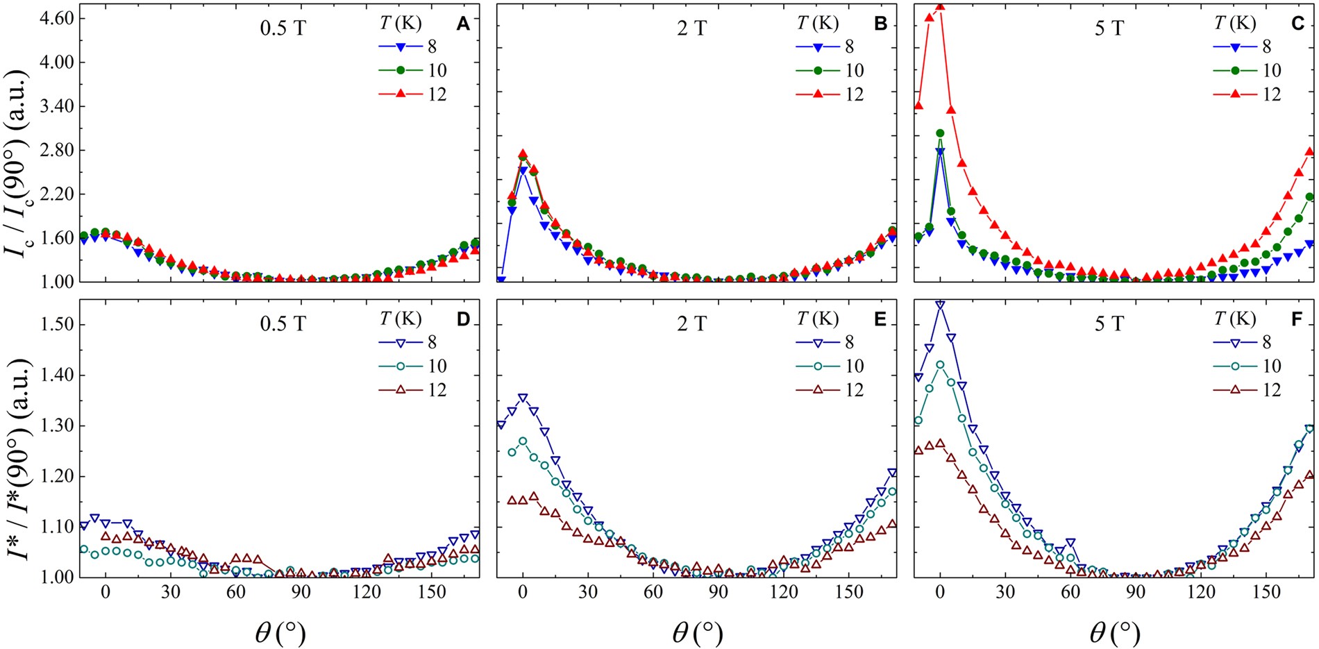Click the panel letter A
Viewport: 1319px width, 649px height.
click(x=462, y=24)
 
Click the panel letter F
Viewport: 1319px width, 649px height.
click(x=1297, y=319)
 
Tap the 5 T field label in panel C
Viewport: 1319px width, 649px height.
click(x=1109, y=28)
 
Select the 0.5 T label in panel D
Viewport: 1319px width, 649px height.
click(x=283, y=323)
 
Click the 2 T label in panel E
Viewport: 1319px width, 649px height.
click(x=692, y=323)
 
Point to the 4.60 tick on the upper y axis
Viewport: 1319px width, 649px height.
click(x=54, y=19)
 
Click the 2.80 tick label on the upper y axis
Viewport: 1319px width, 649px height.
click(x=54, y=150)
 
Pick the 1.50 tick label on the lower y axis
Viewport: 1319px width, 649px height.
click(x=54, y=325)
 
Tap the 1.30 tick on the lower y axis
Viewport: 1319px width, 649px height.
click(x=54, y=426)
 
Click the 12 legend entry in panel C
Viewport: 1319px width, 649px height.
click(x=1271, y=94)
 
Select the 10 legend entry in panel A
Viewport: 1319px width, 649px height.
click(x=437, y=71)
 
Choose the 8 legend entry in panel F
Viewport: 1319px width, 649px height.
click(x=1266, y=342)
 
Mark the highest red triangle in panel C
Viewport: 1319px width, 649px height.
click(x=940, y=6)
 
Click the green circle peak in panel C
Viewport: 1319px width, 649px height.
click(x=940, y=133)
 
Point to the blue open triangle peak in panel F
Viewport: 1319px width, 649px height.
click(x=940, y=304)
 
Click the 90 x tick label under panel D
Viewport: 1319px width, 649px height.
click(x=301, y=592)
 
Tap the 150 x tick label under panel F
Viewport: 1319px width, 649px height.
click(x=1266, y=592)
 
